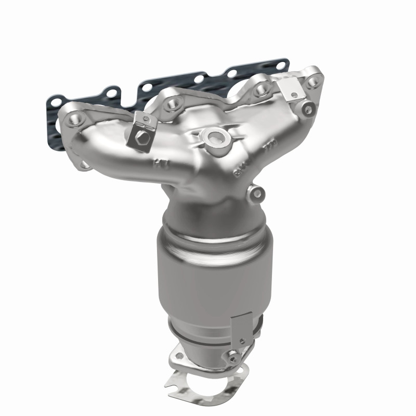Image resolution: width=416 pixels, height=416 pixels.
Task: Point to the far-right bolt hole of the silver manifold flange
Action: [312, 81]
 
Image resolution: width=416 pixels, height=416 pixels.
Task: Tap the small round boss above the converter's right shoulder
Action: [256, 194]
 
